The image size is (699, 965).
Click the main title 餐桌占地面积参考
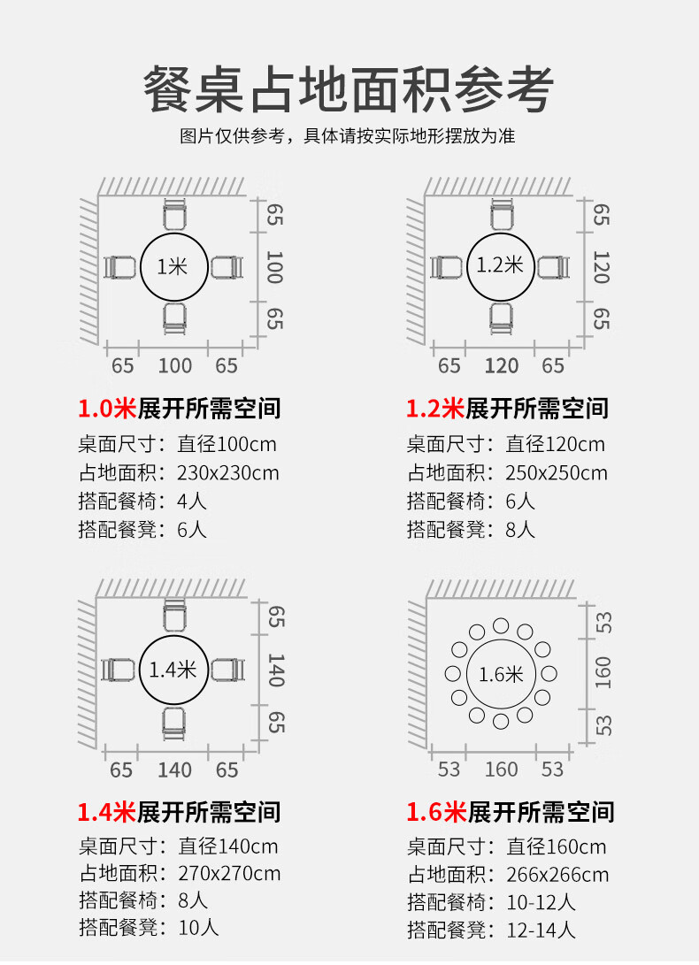click(349, 89)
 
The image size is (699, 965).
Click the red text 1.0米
click(106, 409)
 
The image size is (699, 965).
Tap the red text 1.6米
click(435, 812)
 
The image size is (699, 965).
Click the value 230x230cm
click(228, 472)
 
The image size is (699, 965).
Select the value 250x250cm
click(557, 472)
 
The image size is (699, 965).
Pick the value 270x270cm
click(229, 873)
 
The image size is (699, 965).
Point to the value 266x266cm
click(557, 875)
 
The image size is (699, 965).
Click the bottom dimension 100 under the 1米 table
click(175, 366)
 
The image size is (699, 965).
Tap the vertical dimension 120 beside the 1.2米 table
click(601, 267)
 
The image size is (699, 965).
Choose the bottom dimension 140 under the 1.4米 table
click(175, 770)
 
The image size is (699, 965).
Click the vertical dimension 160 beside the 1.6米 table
click(603, 673)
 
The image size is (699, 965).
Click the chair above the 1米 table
click(174, 215)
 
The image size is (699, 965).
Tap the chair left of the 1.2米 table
click(447, 267)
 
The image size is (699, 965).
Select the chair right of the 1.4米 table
click(228, 670)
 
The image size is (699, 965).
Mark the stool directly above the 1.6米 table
click(501, 626)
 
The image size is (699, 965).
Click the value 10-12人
click(541, 902)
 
